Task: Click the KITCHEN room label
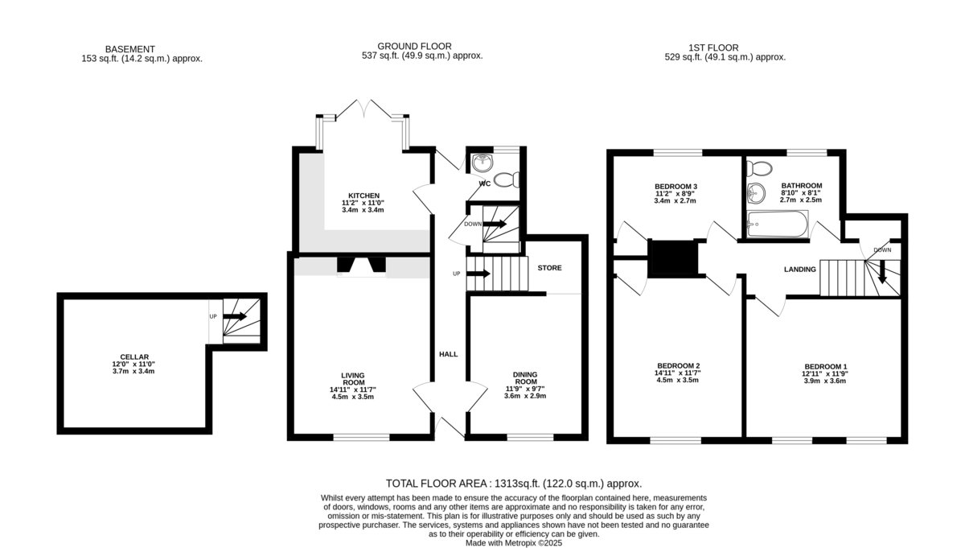tap(363, 196)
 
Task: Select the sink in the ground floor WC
tap(481, 163)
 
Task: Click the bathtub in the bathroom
tap(778, 224)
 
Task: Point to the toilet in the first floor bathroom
tap(759, 168)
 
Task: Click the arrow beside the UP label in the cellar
tap(234, 316)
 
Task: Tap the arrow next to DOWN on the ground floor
tap(495, 224)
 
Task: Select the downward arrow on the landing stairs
tap(882, 272)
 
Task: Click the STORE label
tap(550, 268)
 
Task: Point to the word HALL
tap(449, 354)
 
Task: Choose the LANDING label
tap(800, 269)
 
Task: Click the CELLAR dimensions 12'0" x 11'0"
tap(133, 364)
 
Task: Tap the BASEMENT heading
tap(130, 49)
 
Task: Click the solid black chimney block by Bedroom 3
tap(673, 258)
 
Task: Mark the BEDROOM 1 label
tap(825, 366)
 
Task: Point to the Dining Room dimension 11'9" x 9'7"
tap(525, 389)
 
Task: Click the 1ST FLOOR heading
tap(713, 47)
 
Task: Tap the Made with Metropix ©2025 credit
tap(514, 543)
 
